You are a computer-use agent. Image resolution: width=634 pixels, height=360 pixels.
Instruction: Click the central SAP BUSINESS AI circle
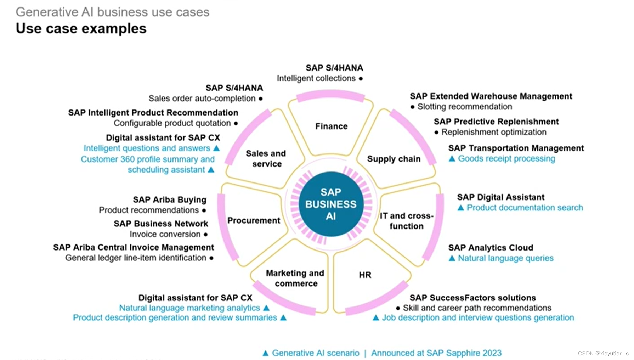pyautogui.click(x=331, y=204)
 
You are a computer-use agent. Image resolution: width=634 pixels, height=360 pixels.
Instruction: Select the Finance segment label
pyautogui.click(x=331, y=126)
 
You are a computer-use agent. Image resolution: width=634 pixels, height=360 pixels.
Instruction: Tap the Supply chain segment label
pyautogui.click(x=394, y=159)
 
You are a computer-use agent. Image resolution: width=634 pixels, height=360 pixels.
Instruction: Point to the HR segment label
pyautogui.click(x=365, y=275)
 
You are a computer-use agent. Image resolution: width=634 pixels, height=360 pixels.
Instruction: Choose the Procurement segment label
pyautogui.click(x=254, y=220)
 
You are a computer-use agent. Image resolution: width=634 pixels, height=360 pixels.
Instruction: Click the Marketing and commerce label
pyautogui.click(x=295, y=278)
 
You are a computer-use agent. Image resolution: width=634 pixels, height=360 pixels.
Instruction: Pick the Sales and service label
pyautogui.click(x=266, y=158)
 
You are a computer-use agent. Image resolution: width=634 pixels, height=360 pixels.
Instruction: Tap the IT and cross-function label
pyautogui.click(x=406, y=221)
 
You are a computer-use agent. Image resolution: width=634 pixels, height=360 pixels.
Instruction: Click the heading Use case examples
pyautogui.click(x=81, y=28)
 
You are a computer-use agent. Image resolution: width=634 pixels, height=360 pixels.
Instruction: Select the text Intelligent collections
pyautogui.click(x=316, y=78)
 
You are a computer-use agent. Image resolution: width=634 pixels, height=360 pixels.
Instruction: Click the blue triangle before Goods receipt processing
pyautogui.click(x=452, y=159)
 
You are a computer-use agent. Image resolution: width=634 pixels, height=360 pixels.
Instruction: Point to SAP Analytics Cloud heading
pyautogui.click(x=490, y=248)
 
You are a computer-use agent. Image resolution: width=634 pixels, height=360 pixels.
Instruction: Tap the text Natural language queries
pyautogui.click(x=505, y=258)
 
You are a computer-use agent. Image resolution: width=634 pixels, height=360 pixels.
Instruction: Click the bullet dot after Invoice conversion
pyautogui.click(x=205, y=235)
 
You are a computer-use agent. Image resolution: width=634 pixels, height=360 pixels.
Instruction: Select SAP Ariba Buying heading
pyautogui.click(x=170, y=200)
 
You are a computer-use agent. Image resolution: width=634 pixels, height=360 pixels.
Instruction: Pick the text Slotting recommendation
pyautogui.click(x=464, y=107)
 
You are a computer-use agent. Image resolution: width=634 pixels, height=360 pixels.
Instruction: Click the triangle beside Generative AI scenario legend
pyautogui.click(x=265, y=353)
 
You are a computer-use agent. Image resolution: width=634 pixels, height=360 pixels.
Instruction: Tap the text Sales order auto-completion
pyautogui.click(x=202, y=99)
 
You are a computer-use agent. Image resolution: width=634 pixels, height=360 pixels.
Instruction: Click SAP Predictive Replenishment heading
pyautogui.click(x=496, y=122)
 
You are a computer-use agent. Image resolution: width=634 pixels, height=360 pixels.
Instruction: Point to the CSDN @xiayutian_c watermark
pyautogui.click(x=603, y=353)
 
